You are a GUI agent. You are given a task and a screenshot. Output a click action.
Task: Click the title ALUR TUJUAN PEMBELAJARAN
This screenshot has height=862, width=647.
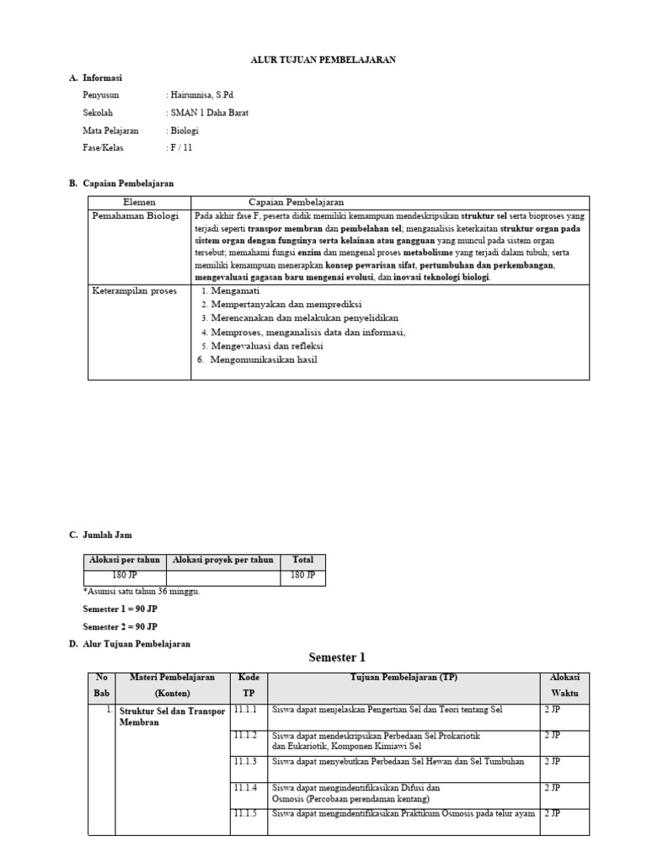(323, 60)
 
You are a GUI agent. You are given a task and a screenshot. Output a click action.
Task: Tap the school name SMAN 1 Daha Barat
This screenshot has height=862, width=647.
(208, 113)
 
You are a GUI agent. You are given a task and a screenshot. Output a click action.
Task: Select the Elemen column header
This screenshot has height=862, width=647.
(139, 203)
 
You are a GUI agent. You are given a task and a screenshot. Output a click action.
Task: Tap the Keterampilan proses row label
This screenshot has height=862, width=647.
(135, 290)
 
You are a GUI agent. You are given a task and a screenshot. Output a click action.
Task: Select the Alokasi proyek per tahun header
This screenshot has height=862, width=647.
(223, 560)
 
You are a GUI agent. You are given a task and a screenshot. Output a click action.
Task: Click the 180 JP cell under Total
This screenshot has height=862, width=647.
(302, 575)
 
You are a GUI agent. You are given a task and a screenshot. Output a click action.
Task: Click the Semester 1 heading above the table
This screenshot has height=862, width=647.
(337, 657)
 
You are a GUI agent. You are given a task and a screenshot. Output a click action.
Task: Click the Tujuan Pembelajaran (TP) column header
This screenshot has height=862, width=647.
(404, 678)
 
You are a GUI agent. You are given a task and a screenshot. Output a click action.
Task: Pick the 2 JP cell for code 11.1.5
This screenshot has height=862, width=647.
(553, 814)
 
